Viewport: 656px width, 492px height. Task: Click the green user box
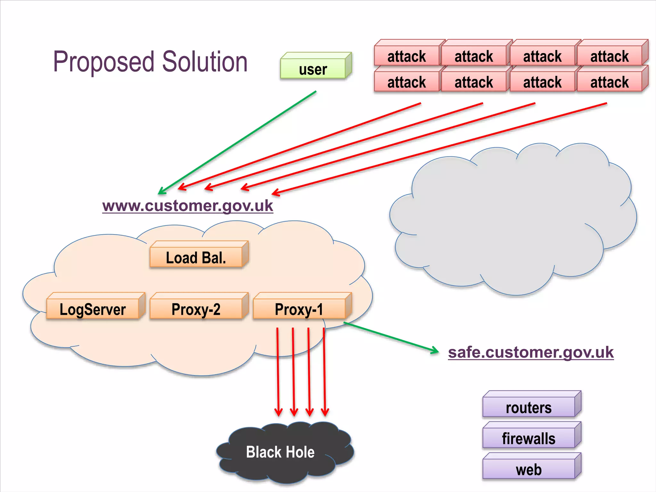click(x=313, y=68)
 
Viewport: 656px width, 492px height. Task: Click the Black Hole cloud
click(x=281, y=452)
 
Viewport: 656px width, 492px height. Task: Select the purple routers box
click(x=529, y=407)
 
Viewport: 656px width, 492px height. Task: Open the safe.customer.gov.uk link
click(x=531, y=352)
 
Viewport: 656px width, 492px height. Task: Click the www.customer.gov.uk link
click(x=188, y=206)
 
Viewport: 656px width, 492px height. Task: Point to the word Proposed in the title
click(x=104, y=61)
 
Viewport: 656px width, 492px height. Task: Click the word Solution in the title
click(x=205, y=61)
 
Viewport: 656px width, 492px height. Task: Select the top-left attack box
click(x=406, y=56)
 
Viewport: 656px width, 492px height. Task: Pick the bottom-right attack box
click(x=610, y=82)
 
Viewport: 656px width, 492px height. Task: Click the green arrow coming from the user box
click(x=237, y=143)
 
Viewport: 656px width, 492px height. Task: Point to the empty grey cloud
click(x=512, y=221)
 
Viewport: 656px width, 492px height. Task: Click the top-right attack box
click(x=610, y=56)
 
